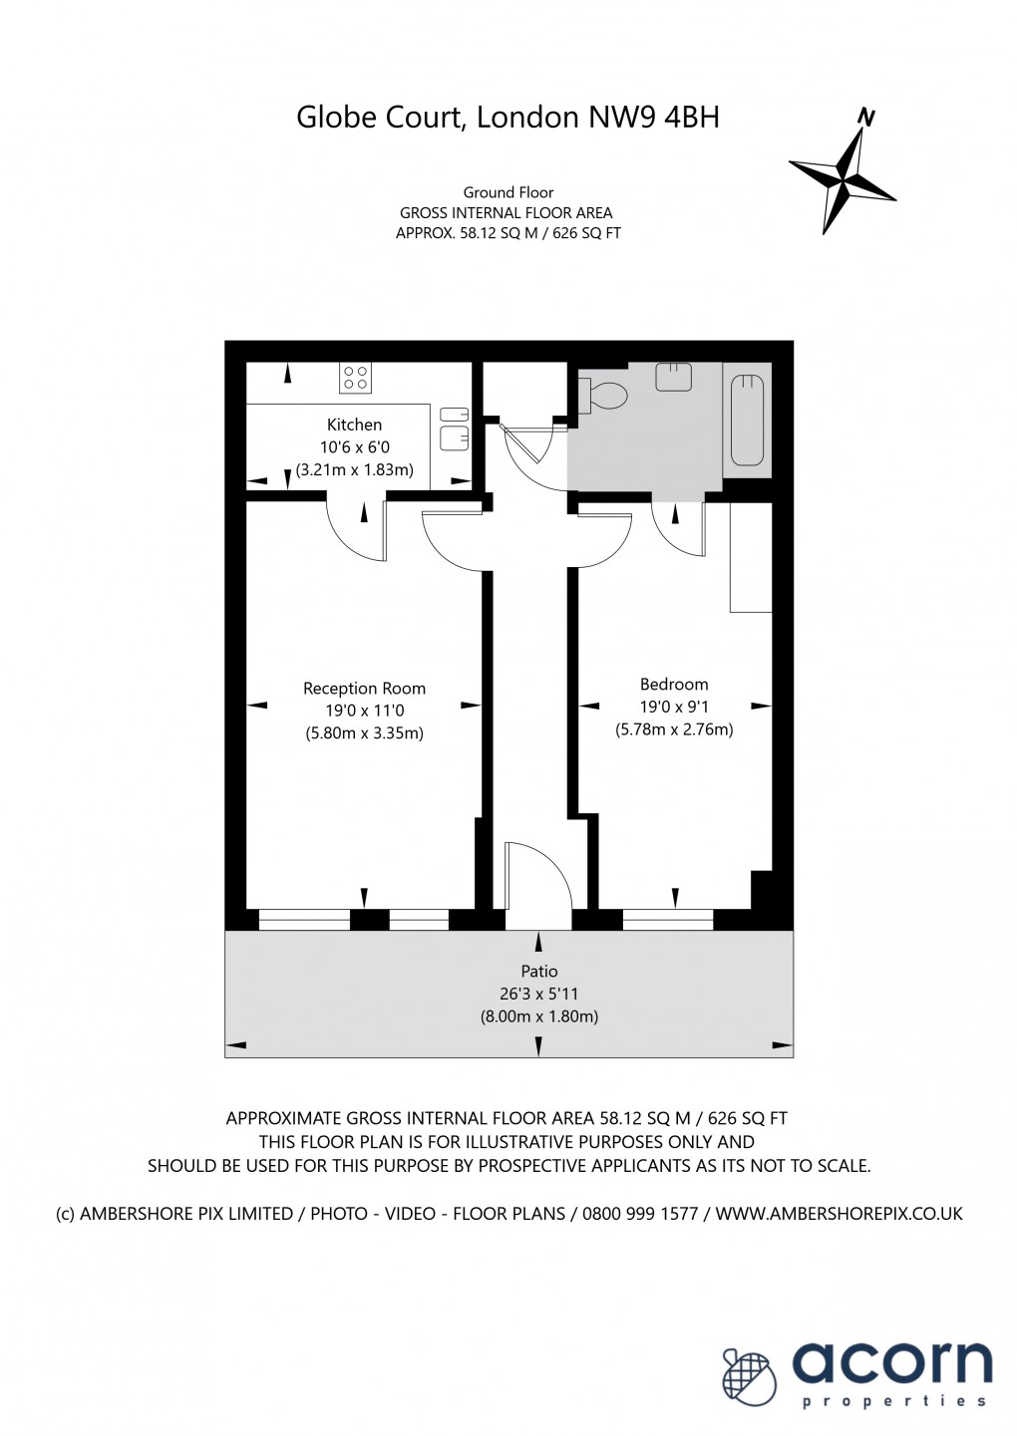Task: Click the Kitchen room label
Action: tap(354, 425)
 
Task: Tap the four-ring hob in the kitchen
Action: tap(356, 379)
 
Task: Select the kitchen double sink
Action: tap(454, 427)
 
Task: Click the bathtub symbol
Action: tap(747, 420)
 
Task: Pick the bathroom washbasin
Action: tap(673, 377)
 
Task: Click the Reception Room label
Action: tap(364, 689)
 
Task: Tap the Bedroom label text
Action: tap(674, 685)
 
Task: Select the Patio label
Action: tap(539, 972)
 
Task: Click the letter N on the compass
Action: tap(866, 118)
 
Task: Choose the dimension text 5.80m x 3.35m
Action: tap(364, 733)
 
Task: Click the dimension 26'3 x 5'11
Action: tap(539, 994)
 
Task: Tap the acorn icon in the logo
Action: tap(749, 1377)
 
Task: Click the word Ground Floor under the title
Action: tap(508, 192)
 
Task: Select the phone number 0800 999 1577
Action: tap(640, 1214)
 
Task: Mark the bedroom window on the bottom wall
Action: tap(667, 919)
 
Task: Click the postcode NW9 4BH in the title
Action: tap(654, 118)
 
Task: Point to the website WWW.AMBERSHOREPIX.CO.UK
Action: tap(840, 1214)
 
